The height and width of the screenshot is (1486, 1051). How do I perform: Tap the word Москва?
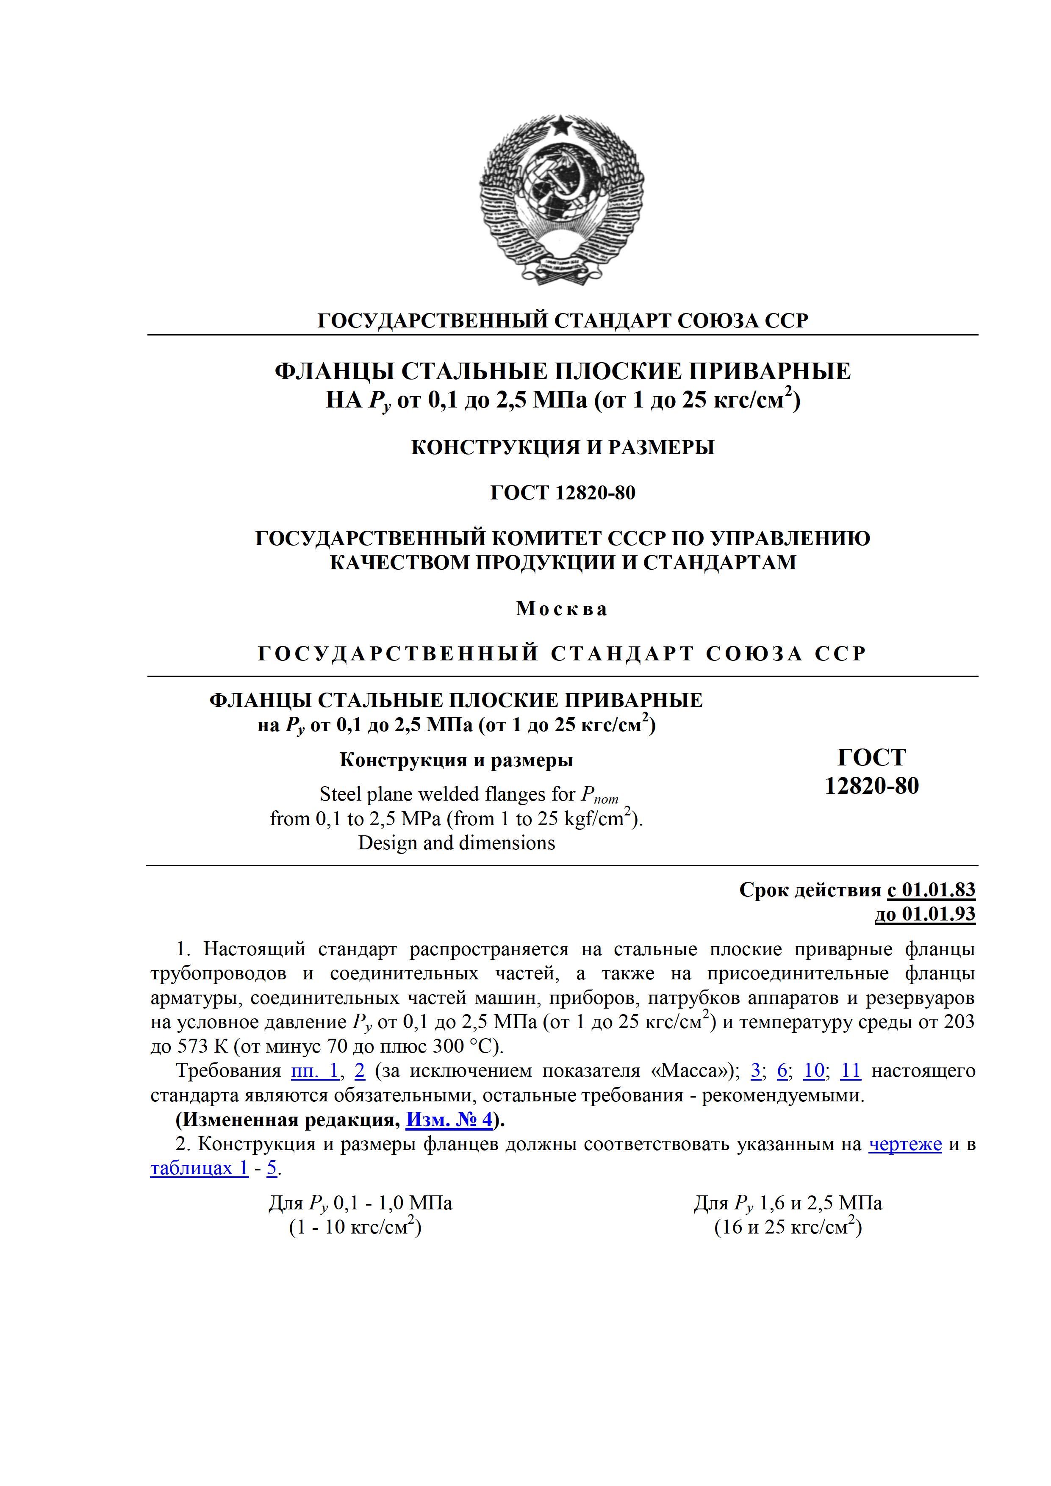[x=562, y=609]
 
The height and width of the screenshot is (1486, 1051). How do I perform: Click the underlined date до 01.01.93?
[x=925, y=914]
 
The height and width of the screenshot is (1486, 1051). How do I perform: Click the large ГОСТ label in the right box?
[x=872, y=757]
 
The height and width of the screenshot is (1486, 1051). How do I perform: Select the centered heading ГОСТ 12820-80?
[x=563, y=493]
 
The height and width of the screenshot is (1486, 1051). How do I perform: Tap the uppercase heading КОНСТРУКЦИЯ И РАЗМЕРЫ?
[x=563, y=447]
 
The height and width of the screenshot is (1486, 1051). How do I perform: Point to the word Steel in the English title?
[x=344, y=794]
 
